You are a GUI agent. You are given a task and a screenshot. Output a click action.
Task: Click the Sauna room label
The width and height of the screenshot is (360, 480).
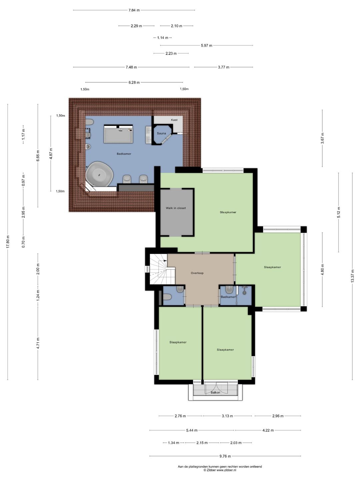point(161,133)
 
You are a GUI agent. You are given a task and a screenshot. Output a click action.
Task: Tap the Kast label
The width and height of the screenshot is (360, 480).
point(174,120)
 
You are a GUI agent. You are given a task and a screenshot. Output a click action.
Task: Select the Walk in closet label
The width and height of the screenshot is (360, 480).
point(176,208)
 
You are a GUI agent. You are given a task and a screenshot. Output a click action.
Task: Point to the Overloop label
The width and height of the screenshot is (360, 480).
point(197,273)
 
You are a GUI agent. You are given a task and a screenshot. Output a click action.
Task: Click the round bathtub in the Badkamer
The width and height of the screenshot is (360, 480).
point(99,174)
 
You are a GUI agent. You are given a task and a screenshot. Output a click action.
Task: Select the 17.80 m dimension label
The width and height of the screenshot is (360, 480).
point(8,241)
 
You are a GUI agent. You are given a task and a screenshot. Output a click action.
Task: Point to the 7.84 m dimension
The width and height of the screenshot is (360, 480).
point(134,10)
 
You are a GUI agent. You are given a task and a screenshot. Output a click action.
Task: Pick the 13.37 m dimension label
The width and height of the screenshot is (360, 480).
point(352,276)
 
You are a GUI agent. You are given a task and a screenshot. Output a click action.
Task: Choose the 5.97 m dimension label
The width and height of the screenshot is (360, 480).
point(207,45)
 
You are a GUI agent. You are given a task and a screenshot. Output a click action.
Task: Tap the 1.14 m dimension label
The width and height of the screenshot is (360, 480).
point(163,38)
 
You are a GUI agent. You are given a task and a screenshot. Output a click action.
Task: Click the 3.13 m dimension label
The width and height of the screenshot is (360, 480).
point(227,416)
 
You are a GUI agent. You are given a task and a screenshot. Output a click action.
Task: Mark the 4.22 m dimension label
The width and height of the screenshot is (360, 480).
point(268,430)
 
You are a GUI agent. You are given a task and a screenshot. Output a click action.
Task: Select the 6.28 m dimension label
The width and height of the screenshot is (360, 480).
point(134,82)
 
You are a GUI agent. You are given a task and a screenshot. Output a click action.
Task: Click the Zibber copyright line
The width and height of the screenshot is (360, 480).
point(220,470)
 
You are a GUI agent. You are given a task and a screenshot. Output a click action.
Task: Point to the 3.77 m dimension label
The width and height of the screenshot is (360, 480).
point(224,67)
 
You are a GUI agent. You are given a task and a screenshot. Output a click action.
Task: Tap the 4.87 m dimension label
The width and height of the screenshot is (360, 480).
point(51,153)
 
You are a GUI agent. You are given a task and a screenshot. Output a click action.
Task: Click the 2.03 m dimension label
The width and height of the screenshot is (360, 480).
point(236,443)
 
